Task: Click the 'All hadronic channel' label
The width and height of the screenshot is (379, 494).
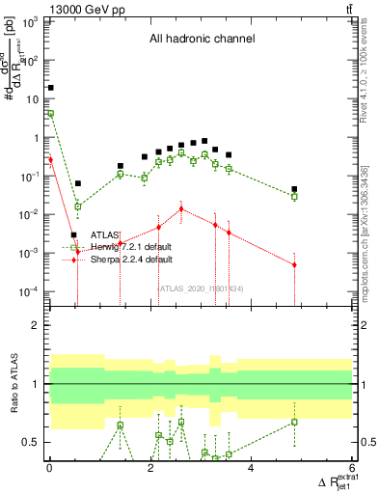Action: coord(201,40)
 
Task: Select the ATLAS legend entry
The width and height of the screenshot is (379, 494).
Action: coord(104,234)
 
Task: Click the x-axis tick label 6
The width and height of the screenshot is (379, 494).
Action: coord(353,469)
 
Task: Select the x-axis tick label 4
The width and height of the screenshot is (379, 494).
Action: coord(252,469)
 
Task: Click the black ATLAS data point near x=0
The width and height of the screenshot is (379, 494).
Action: coord(50,88)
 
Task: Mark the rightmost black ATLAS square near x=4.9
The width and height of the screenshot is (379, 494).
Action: coord(294,189)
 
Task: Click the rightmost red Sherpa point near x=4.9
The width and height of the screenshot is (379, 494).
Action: coord(294,264)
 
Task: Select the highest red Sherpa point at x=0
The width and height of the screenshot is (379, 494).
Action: coord(50,159)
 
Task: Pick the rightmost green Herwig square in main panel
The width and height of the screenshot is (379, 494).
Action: coord(294,197)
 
